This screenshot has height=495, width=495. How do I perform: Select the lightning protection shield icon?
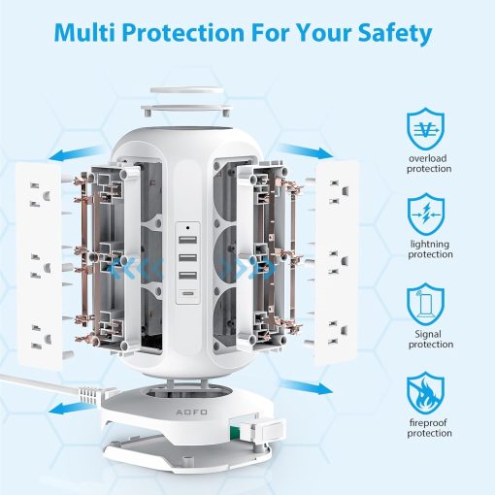tap(429, 216)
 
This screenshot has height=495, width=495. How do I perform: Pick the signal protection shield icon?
tap(429, 305)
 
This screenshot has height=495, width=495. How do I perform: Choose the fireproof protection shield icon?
tap(429, 394)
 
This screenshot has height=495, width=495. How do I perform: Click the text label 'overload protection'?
tap(429, 163)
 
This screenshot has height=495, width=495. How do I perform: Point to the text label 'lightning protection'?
tap(429, 249)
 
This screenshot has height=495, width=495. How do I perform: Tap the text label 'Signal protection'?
tap(429, 339)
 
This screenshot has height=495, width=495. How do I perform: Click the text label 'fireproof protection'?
tap(429, 427)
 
